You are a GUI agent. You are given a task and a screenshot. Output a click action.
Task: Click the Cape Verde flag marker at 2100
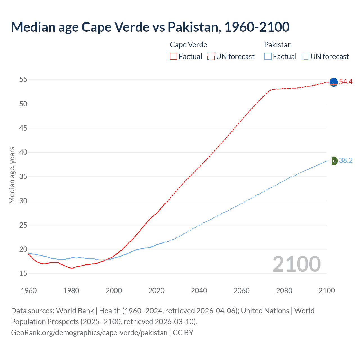[333, 82]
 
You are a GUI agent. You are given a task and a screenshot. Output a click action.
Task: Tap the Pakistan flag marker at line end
[334, 161]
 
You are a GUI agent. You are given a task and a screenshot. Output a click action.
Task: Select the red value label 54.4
[346, 82]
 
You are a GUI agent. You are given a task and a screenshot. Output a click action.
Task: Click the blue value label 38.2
[346, 161]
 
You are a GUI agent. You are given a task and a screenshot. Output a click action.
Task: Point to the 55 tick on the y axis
[23, 80]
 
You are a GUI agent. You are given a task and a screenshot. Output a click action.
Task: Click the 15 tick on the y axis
[23, 273]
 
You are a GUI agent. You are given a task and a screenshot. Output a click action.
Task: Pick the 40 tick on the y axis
[23, 152]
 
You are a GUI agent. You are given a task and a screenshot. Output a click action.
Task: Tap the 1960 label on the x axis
[29, 291]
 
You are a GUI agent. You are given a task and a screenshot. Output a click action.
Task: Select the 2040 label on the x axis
[199, 291]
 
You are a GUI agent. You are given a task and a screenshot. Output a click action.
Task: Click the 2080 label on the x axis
[284, 291]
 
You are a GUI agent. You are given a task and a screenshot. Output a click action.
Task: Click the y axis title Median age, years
[12, 175]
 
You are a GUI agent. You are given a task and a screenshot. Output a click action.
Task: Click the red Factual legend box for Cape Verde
[174, 57]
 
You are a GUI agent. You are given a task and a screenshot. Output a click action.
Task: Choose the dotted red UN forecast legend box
[211, 57]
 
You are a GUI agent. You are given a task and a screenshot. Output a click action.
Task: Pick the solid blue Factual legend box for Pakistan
[268, 57]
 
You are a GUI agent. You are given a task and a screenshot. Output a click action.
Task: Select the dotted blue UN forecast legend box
[305, 57]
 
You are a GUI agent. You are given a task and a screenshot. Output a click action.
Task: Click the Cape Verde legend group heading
[188, 45]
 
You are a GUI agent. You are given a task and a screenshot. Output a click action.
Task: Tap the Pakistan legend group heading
[278, 45]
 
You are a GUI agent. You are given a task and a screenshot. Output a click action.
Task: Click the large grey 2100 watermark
[296, 264]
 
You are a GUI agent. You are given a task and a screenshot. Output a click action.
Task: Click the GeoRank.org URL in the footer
[89, 333]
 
